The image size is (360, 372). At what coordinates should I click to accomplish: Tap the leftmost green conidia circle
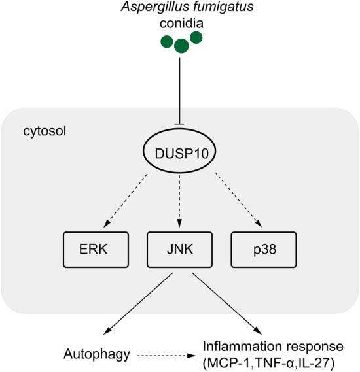(167, 42)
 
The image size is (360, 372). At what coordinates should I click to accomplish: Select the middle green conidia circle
(181, 46)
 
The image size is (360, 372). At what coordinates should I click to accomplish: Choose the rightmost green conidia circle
(196, 39)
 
